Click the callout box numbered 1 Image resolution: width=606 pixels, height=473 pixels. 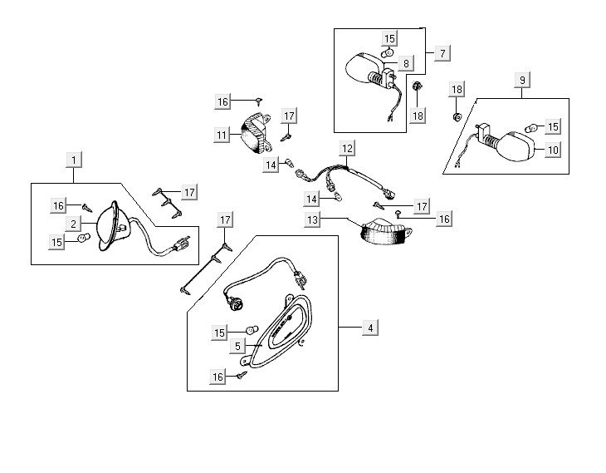(x=73, y=158)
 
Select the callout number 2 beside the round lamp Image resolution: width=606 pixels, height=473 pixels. (x=73, y=224)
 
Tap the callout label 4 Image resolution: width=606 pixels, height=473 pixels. (x=370, y=328)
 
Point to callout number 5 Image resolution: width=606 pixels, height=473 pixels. (x=237, y=347)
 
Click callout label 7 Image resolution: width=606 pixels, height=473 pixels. (x=442, y=52)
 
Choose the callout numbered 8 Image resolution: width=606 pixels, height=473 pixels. (x=406, y=63)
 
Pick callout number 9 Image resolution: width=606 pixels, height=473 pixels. (x=522, y=80)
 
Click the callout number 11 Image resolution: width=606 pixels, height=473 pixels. (x=221, y=134)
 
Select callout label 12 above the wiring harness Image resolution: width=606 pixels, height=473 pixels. (x=347, y=149)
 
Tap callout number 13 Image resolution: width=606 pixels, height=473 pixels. (x=312, y=220)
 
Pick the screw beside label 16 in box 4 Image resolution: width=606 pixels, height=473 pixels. (x=242, y=376)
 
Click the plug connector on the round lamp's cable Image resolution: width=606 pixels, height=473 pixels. (x=179, y=245)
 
